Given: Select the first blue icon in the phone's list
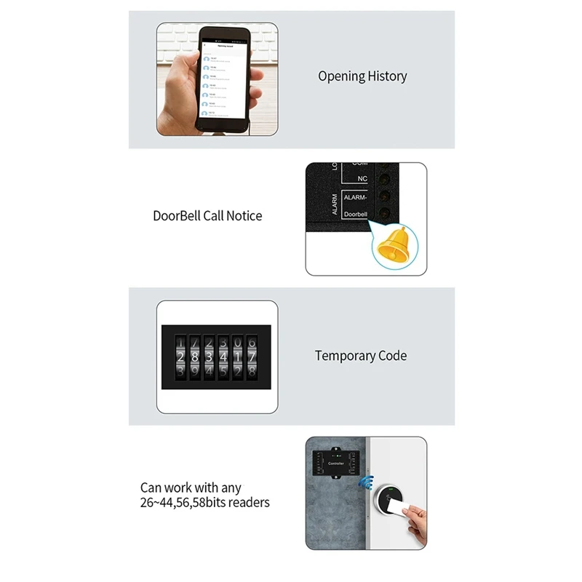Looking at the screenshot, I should click(x=207, y=58).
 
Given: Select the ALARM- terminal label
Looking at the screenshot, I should click(x=355, y=197).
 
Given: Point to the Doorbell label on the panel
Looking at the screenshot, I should click(x=355, y=215).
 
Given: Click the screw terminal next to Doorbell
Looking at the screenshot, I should click(x=383, y=214).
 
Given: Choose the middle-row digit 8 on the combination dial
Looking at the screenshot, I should click(x=194, y=357).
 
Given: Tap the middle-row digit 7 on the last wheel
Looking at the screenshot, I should click(x=252, y=357).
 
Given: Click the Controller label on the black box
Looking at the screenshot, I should click(x=335, y=463).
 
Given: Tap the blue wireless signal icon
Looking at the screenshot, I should click(x=367, y=483).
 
